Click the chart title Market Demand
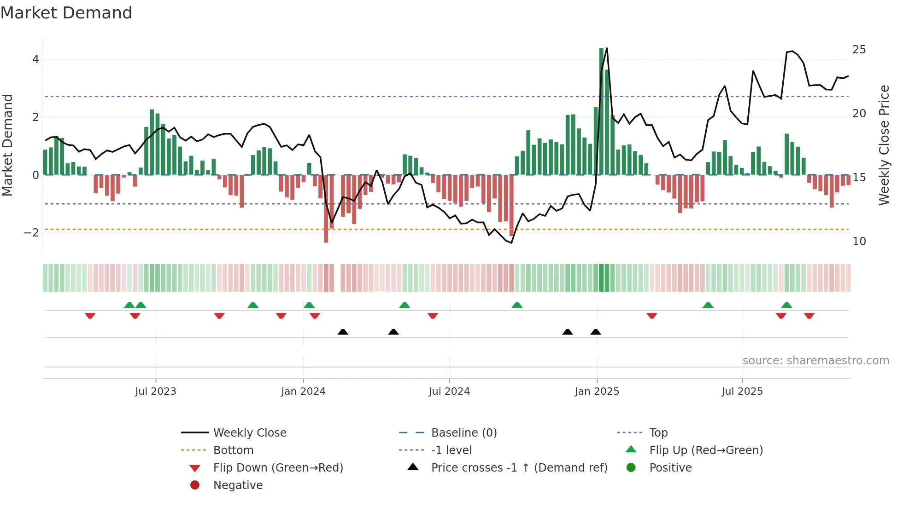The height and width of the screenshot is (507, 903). (66, 13)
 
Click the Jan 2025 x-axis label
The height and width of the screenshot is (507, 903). (597, 392)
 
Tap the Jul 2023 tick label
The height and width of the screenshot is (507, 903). (156, 392)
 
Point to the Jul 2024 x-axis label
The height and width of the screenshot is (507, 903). (449, 392)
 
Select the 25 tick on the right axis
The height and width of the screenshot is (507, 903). (859, 50)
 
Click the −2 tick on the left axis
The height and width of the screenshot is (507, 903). (31, 233)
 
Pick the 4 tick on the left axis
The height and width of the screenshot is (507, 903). (35, 59)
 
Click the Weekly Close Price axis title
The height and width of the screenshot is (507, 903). (884, 145)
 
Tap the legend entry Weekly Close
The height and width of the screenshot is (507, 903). (249, 433)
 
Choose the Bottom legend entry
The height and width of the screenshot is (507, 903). (233, 450)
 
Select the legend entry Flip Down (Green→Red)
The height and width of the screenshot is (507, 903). (278, 468)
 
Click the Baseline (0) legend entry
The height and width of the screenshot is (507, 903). (463, 433)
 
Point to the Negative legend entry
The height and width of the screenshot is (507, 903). (238, 485)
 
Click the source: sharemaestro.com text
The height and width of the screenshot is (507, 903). (815, 361)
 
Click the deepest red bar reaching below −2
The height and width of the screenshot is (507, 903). (326, 208)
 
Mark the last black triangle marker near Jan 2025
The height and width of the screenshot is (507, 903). (596, 332)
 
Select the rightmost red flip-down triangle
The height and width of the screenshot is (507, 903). (809, 316)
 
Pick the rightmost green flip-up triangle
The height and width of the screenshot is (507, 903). (786, 305)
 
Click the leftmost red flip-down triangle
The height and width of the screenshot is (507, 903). (90, 316)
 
